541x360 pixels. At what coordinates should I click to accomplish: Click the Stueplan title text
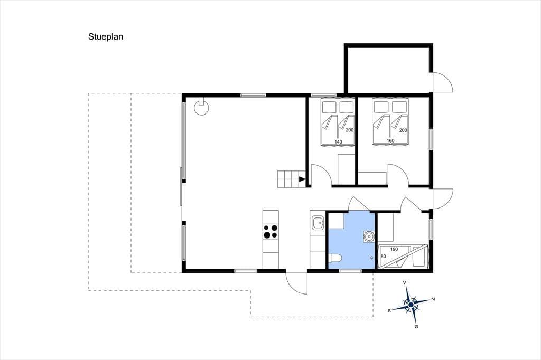click(x=106, y=37)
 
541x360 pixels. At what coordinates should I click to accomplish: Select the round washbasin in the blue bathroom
click(x=369, y=236)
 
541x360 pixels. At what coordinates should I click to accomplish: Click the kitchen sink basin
click(x=318, y=223)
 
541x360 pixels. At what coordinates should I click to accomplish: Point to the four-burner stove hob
click(x=270, y=231)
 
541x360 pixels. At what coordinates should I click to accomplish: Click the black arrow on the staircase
click(x=302, y=179)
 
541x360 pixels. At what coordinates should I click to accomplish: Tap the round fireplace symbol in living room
click(x=201, y=107)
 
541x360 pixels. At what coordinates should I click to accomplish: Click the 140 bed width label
click(x=338, y=141)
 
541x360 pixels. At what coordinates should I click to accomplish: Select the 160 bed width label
click(x=390, y=141)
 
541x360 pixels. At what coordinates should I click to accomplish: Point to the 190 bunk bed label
click(x=394, y=249)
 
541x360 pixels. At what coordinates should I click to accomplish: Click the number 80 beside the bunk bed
click(x=384, y=257)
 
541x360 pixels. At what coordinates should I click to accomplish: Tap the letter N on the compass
click(x=433, y=299)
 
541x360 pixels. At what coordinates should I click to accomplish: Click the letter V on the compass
click(x=405, y=282)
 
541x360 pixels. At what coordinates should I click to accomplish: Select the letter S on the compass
click(x=389, y=311)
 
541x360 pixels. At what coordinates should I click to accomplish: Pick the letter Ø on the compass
click(x=416, y=327)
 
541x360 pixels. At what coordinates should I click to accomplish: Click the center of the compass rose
click(x=411, y=305)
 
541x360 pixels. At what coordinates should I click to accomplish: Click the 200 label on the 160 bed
click(x=403, y=130)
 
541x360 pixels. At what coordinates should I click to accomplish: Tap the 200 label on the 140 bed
click(x=350, y=130)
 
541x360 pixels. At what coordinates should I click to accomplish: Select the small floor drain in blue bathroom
click(x=371, y=258)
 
